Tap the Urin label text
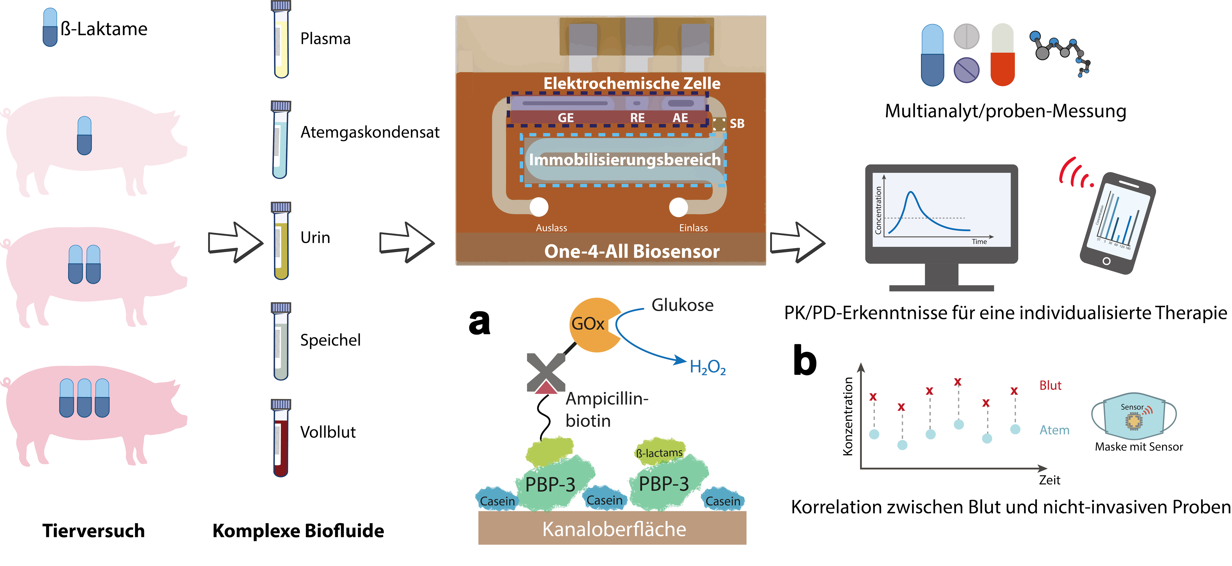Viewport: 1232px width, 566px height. tap(315, 238)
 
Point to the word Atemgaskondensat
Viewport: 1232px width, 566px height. tap(370, 132)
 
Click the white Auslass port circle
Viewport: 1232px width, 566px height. tap(539, 207)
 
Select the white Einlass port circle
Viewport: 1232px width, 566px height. tap(678, 207)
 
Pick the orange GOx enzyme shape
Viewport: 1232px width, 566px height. tap(593, 325)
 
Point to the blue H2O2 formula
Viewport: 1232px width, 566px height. tap(707, 367)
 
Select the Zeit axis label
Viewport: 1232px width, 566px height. tap(1049, 480)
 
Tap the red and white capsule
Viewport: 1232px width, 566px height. tap(1003, 55)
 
